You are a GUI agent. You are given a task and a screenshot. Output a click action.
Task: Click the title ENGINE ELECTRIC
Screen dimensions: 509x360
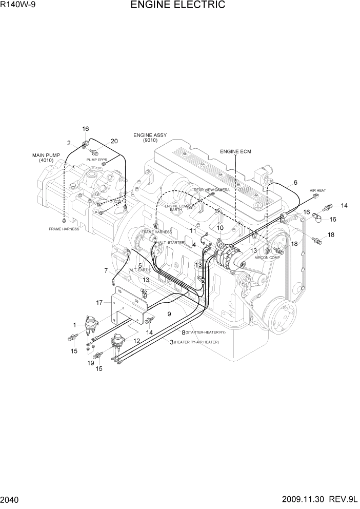click(178, 6)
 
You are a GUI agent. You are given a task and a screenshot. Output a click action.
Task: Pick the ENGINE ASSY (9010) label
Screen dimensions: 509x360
click(150, 138)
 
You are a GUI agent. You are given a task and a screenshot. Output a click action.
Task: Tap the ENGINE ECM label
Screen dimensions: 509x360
click(235, 151)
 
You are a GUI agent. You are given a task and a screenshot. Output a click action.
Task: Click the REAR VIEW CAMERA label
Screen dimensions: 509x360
click(211, 190)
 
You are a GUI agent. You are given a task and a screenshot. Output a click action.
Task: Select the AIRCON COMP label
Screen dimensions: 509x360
click(267, 258)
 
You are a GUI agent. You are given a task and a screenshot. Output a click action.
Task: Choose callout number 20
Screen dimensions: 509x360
click(114, 141)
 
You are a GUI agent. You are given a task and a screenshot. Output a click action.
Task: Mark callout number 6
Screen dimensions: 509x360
click(295, 183)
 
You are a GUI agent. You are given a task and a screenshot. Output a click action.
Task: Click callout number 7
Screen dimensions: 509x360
click(106, 270)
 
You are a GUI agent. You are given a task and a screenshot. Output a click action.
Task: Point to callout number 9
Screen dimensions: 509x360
click(168, 312)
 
